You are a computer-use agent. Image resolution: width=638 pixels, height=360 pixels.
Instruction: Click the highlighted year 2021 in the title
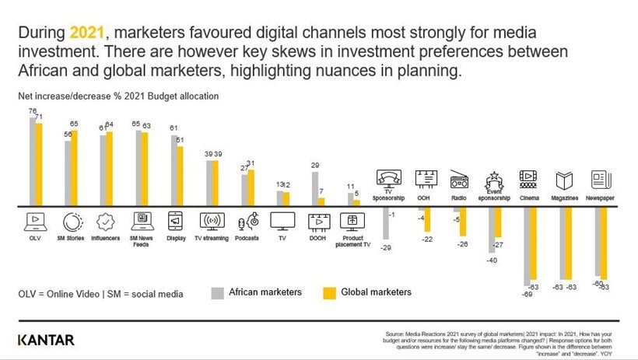tap(83, 33)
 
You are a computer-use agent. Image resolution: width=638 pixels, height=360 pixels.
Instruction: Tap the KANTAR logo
tap(46, 340)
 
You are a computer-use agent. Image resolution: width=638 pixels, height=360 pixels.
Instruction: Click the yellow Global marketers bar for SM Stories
tap(74, 167)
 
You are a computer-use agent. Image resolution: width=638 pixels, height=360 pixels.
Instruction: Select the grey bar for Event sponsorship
tap(491, 229)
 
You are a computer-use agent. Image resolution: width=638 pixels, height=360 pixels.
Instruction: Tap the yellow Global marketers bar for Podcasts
tap(250, 187)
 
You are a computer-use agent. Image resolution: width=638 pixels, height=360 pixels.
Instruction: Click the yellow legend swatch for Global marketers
tap(329, 292)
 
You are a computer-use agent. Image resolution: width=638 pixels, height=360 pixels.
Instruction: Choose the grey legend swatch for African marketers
tap(217, 292)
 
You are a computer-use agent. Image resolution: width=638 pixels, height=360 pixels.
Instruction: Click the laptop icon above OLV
tap(35, 221)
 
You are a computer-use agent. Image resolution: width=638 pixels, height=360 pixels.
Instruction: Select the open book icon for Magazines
tap(565, 180)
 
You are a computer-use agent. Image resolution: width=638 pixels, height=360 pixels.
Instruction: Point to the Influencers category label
tap(105, 238)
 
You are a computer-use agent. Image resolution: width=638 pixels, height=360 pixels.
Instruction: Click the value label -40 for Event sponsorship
tap(491, 260)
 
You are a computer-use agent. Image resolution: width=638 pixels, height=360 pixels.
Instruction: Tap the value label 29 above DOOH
tap(314, 165)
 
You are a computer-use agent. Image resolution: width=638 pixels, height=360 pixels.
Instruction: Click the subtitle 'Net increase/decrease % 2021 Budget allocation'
tap(118, 96)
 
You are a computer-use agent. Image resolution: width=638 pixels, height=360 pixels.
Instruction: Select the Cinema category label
tap(529, 198)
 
